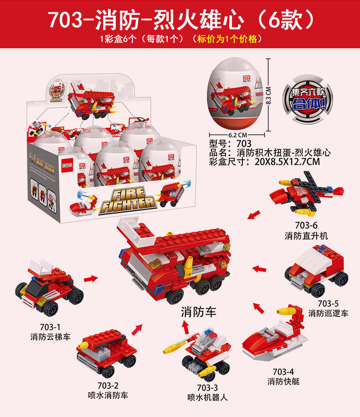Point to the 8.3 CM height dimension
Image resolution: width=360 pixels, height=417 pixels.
[269, 96]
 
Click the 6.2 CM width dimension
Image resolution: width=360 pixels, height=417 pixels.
[237, 135]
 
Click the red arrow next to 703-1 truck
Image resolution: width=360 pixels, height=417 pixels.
[91, 278]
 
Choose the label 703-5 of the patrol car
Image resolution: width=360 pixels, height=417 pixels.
[328, 304]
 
